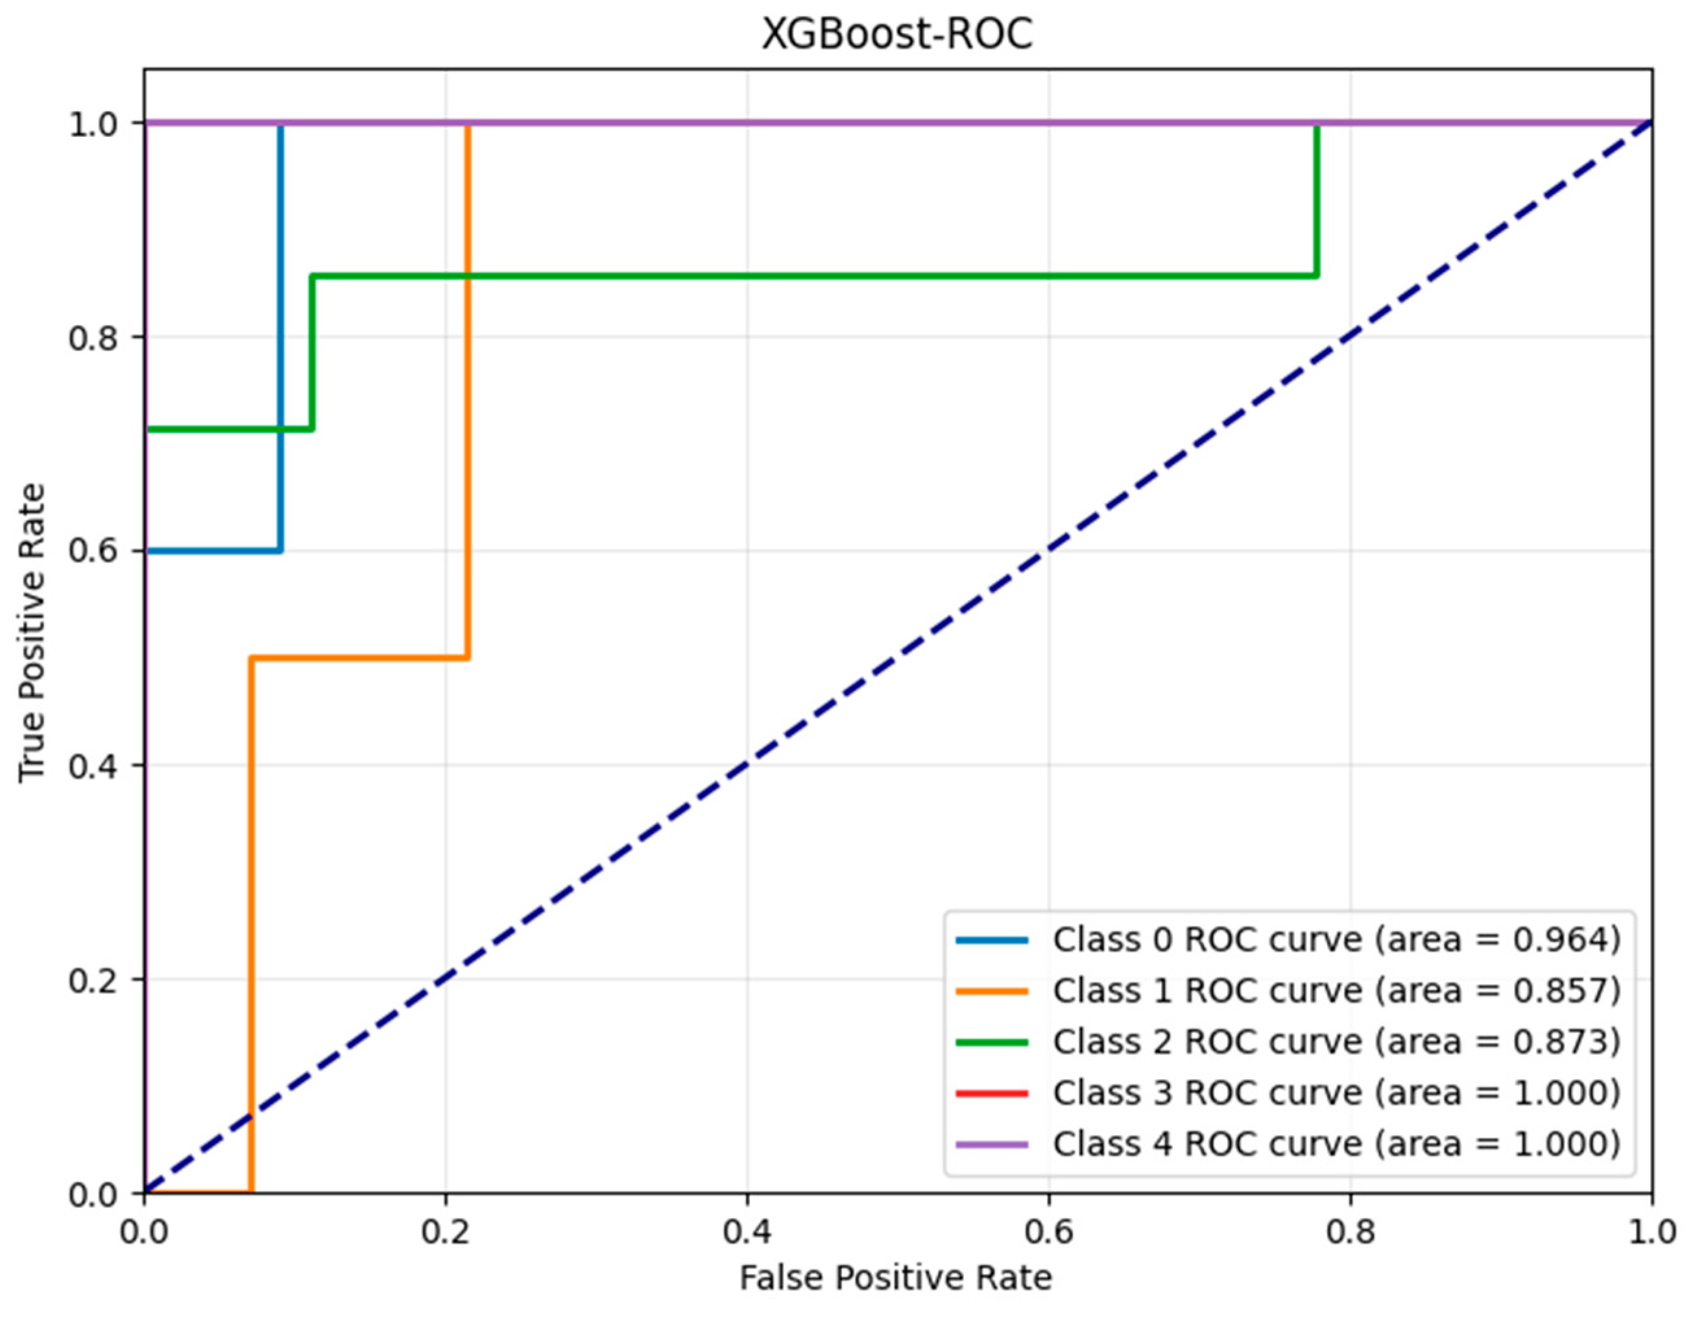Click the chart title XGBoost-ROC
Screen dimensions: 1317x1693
pyautogui.click(x=897, y=35)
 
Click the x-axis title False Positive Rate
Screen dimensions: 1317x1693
pyautogui.click(x=895, y=1277)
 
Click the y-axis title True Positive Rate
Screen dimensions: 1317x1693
pyautogui.click(x=32, y=633)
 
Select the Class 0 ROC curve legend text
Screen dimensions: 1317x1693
pyautogui.click(x=1336, y=939)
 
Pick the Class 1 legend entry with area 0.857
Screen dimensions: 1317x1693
pyautogui.click(x=1336, y=991)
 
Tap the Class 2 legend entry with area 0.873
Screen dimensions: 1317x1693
pyautogui.click(x=1336, y=1042)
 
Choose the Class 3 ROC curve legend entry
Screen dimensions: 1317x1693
pyautogui.click(x=1336, y=1093)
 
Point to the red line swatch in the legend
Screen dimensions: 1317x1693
pyautogui.click(x=992, y=1093)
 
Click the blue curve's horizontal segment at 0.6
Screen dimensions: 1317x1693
pyautogui.click(x=213, y=551)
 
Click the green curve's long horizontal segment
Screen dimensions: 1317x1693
pyautogui.click(x=814, y=276)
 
